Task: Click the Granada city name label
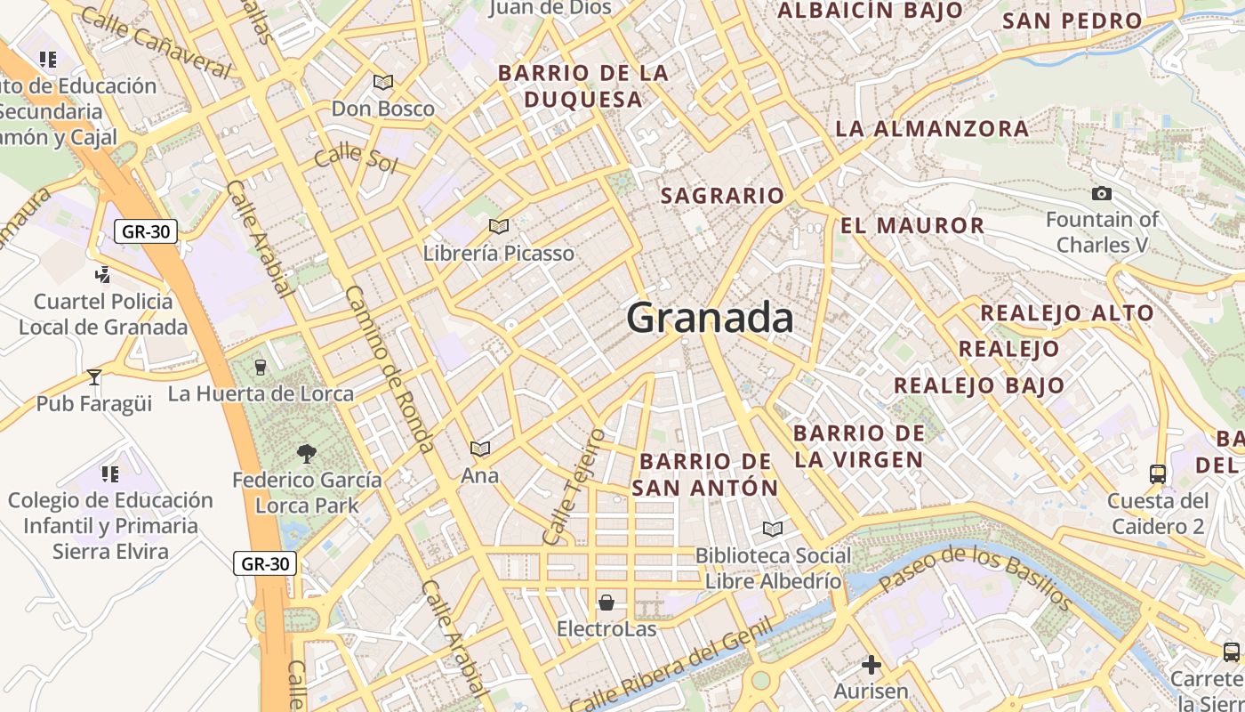[x=710, y=318]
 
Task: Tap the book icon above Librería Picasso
[x=499, y=227]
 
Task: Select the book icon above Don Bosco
[x=383, y=83]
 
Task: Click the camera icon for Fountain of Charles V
[x=1102, y=193]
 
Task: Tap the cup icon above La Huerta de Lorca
[x=261, y=367]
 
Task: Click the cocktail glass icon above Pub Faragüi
[x=94, y=377]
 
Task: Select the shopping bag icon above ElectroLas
[x=606, y=603]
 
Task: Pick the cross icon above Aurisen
[x=871, y=665]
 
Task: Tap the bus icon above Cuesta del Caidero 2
[x=1158, y=474]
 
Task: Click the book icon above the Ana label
[x=480, y=449]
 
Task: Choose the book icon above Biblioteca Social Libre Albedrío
[x=773, y=530]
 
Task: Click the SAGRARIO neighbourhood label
[x=723, y=196]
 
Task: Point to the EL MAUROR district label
[x=912, y=225]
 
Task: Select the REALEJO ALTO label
[x=1066, y=313]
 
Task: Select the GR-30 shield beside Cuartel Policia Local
[x=146, y=232]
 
